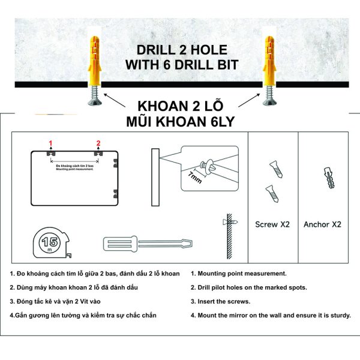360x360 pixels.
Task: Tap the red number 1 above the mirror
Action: [x=51, y=143]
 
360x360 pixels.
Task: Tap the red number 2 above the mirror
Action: [x=98, y=143]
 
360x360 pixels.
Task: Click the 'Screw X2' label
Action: [x=272, y=224]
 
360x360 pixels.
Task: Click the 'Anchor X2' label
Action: [x=322, y=224]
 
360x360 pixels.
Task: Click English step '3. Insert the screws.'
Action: [x=220, y=302]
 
